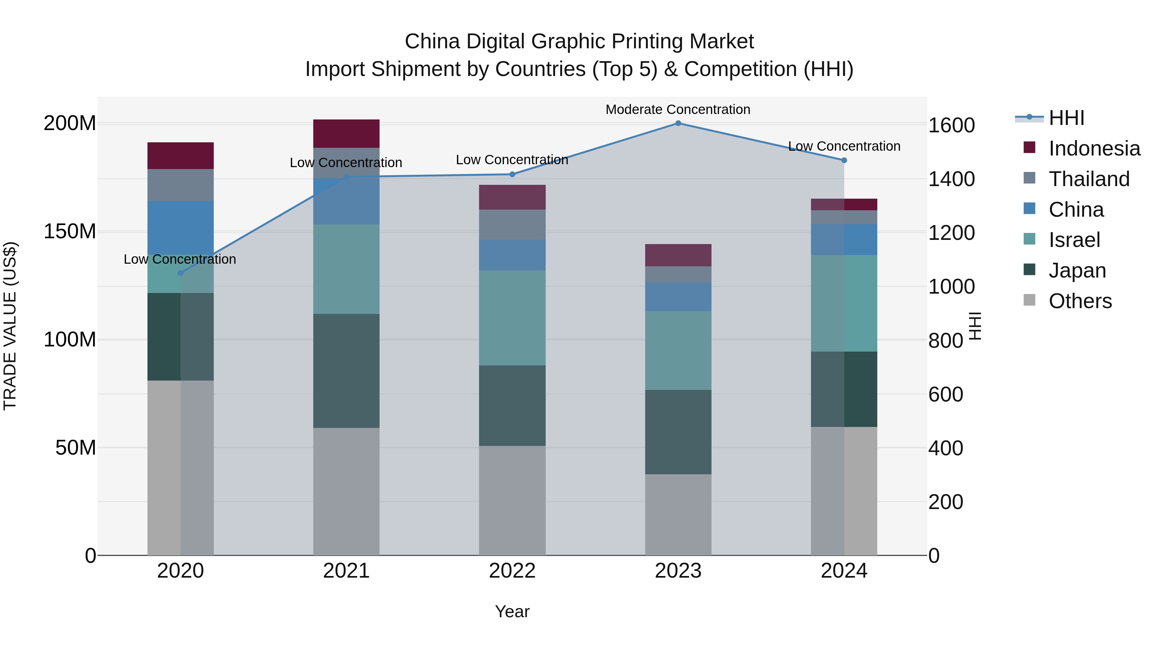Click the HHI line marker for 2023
tap(678, 123)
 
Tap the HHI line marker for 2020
tap(180, 273)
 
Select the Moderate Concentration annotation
tap(678, 110)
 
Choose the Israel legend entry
tap(1074, 240)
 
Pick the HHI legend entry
tap(1066, 118)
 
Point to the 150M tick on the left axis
tap(70, 232)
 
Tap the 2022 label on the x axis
tap(512, 571)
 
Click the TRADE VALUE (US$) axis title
tap(10, 326)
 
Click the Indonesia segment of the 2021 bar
tap(346, 134)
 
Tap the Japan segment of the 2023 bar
tap(678, 432)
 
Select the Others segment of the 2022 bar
tap(512, 500)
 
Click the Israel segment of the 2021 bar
tap(346, 269)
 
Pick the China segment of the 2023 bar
tap(678, 297)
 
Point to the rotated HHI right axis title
tap(975, 326)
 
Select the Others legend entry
tap(1079, 301)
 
